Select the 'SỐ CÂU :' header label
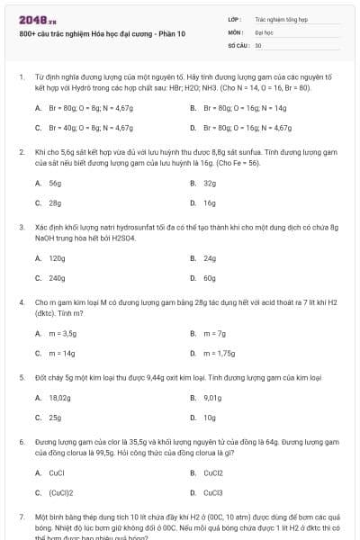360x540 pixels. (238, 44)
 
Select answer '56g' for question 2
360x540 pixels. (55, 183)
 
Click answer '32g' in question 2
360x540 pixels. (210, 183)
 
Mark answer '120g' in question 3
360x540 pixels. (57, 258)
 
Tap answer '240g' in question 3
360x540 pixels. (57, 279)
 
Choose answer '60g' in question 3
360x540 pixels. (210, 279)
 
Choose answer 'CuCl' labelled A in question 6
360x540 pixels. (57, 472)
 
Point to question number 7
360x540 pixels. (21, 519)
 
